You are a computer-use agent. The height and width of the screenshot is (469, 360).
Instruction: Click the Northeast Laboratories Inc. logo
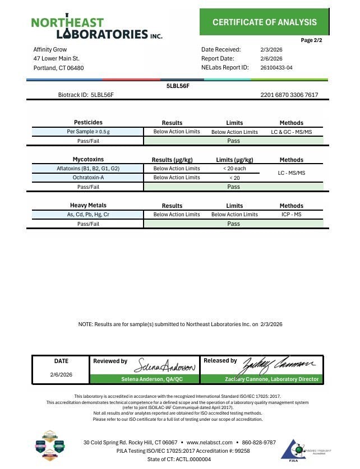coord(96,27)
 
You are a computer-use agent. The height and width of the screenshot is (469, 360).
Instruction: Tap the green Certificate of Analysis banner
coord(264,22)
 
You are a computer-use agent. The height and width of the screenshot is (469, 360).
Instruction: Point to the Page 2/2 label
coord(311,40)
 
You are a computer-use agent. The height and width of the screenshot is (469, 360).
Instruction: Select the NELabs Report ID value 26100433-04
coord(276,68)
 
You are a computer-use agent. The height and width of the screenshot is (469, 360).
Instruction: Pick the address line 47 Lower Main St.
coord(56,59)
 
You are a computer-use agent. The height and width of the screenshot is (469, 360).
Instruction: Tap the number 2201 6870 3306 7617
coord(289,95)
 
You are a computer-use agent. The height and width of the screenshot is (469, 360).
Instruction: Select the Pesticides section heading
coord(88,123)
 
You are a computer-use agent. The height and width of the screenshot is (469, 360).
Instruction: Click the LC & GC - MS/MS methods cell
coord(291,132)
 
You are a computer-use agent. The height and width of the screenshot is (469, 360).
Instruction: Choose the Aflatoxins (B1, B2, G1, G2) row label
coord(88,169)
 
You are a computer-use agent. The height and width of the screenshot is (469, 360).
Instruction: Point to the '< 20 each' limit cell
coord(234,169)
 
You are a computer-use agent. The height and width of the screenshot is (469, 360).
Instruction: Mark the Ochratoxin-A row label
coord(88,178)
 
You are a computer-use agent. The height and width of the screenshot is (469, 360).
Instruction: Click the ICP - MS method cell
coord(291,215)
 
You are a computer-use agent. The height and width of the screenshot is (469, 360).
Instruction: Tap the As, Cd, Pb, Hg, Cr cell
coord(88,215)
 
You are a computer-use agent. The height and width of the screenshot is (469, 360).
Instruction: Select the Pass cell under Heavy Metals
coord(234,224)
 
